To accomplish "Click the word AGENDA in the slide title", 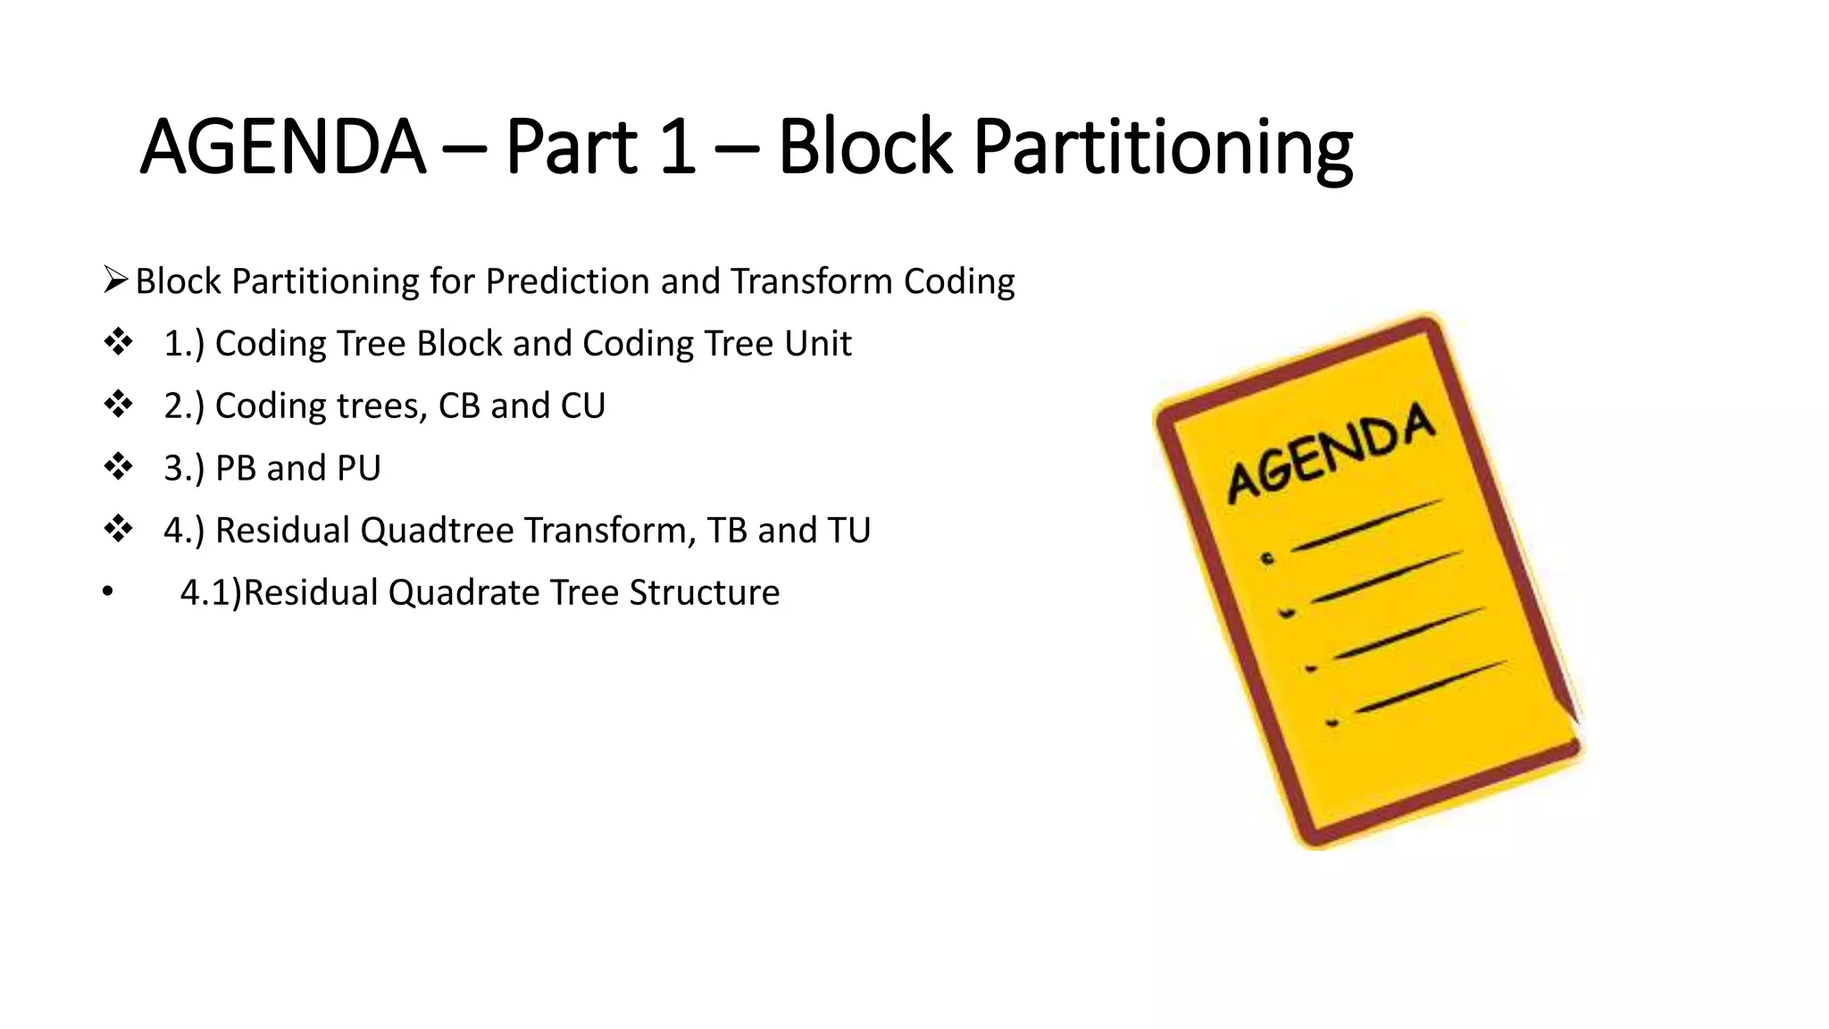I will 282,147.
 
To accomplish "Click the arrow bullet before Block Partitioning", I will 116,280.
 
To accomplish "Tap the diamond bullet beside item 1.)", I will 118,343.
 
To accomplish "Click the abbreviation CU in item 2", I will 582,406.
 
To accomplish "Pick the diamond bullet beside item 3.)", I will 118,467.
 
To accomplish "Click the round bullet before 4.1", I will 108,592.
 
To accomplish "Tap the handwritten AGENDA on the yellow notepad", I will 1331,453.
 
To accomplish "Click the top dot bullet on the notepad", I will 1267,559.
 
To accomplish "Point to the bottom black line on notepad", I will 1430,688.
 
